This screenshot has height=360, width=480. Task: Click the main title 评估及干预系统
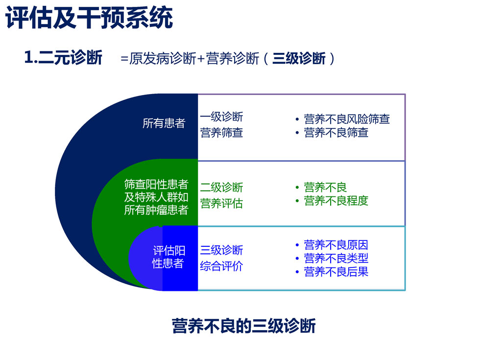[x=89, y=18]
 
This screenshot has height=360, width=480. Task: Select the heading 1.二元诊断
[x=63, y=57]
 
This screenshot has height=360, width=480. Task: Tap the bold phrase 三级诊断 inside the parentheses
[x=299, y=58]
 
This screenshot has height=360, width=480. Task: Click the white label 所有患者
[x=164, y=123]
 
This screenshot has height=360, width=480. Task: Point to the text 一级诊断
[x=221, y=117]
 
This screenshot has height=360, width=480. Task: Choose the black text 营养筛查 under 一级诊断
[x=221, y=133]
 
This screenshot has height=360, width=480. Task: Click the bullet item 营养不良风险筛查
[x=347, y=119]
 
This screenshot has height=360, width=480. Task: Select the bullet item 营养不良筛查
[x=336, y=133]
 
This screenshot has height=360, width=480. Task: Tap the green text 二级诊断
[x=221, y=187]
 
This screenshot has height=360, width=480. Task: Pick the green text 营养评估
[x=221, y=203]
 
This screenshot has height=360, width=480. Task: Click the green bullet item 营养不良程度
[x=336, y=201]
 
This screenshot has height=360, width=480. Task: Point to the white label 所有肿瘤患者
[x=156, y=210]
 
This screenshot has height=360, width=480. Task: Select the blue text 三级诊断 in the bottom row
[x=221, y=250]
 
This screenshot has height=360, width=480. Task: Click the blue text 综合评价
[x=221, y=266]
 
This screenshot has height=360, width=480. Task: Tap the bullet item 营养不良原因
[x=336, y=245]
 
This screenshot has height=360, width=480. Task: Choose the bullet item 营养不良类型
[x=336, y=259]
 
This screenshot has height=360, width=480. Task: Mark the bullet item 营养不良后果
[x=336, y=272]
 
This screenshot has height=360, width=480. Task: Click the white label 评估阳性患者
[x=168, y=257]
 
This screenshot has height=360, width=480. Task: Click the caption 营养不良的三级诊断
[x=244, y=326]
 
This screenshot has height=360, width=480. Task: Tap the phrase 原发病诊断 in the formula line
[x=163, y=58]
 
